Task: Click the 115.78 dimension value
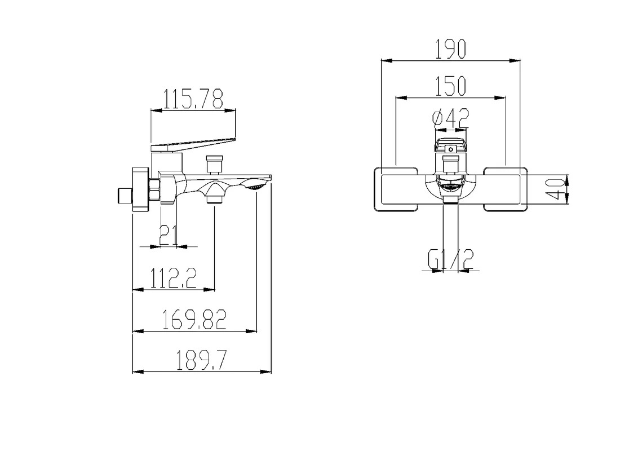pos(193,99)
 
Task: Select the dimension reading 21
pos(169,235)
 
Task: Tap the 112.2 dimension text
pos(174,277)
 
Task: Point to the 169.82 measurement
pos(194,319)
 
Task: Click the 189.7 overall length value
pos(201,360)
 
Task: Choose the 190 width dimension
pos(450,49)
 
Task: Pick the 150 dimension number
pos(450,86)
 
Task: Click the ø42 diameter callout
pos(450,118)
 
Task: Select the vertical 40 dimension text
pos(557,189)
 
